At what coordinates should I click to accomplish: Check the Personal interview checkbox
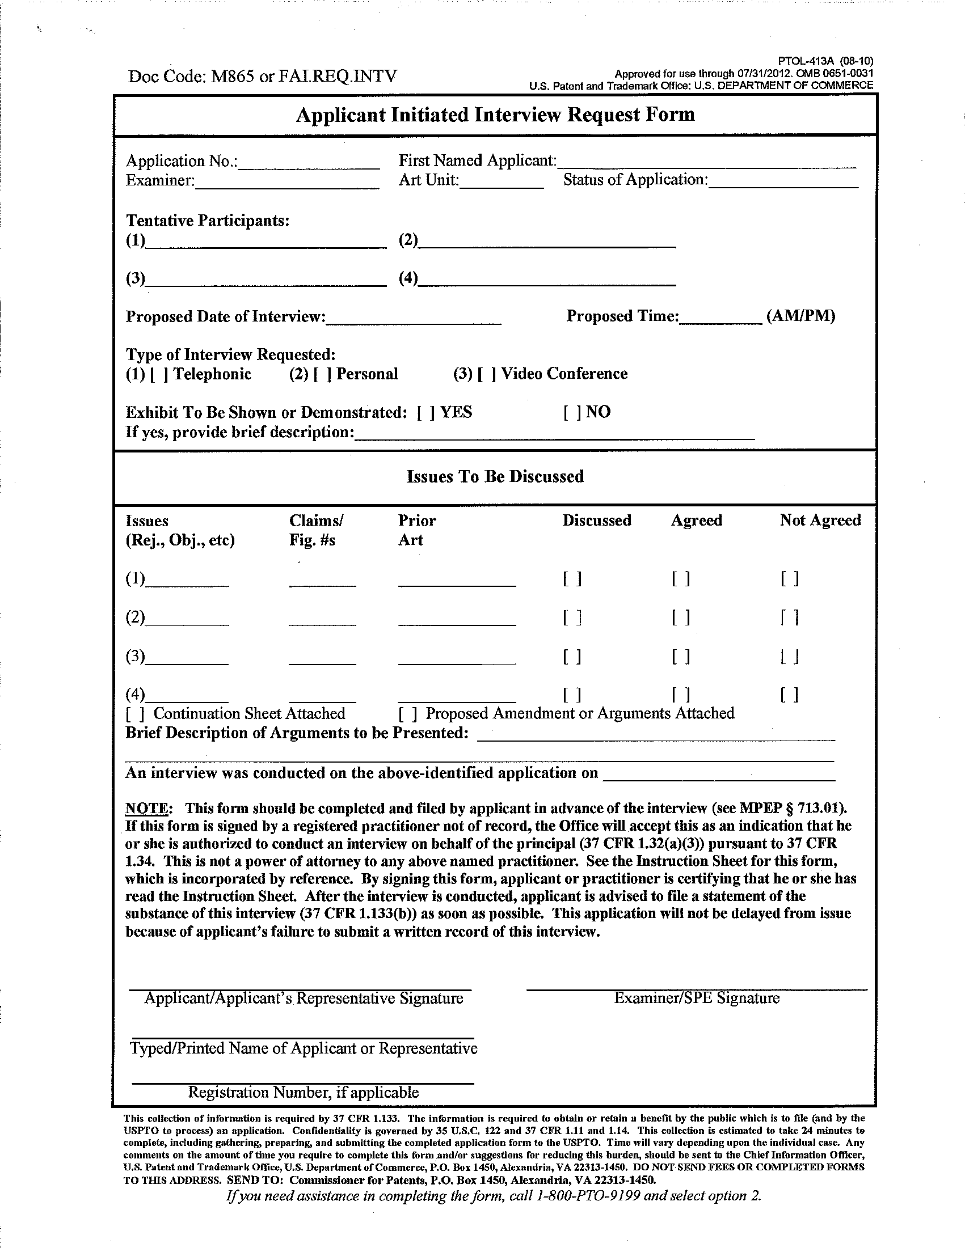(322, 375)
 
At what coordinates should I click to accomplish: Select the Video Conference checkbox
(487, 374)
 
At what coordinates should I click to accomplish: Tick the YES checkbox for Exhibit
(426, 413)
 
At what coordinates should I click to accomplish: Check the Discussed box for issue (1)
(572, 579)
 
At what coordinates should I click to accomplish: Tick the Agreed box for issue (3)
(681, 657)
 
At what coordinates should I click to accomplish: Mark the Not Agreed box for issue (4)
(790, 695)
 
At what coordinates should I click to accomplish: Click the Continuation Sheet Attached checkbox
(136, 714)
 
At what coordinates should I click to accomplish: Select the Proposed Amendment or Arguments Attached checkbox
(407, 714)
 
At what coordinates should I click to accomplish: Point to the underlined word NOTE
(146, 809)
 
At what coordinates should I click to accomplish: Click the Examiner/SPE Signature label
(697, 999)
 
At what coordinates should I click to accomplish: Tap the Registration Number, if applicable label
(304, 1093)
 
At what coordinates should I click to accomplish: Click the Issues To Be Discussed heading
(495, 476)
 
